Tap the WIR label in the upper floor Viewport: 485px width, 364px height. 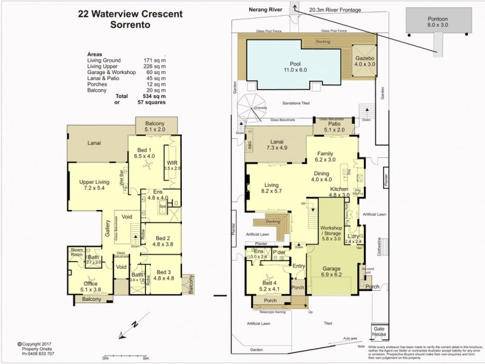[x=173, y=164]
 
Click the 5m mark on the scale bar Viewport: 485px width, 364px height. [x=145, y=358]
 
